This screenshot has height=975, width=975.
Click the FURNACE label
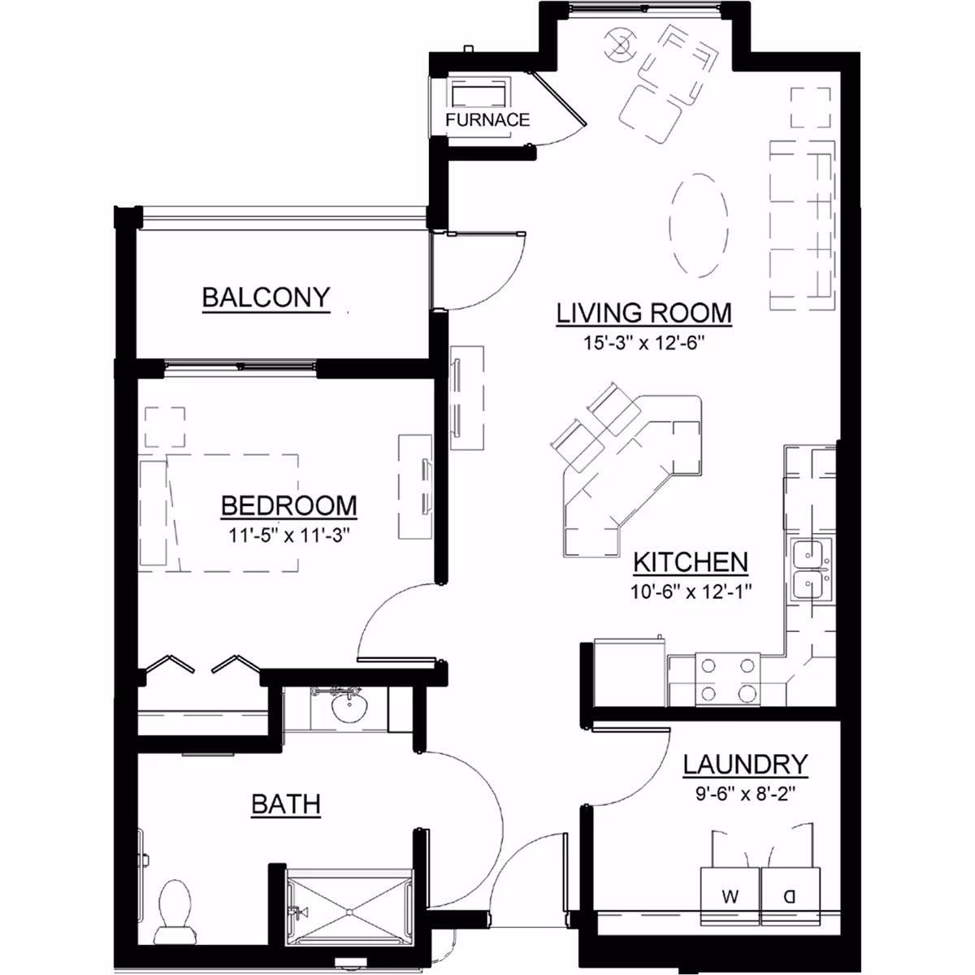click(487, 120)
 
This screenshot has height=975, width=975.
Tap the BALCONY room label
click(266, 297)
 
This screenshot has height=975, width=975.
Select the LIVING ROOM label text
click(644, 313)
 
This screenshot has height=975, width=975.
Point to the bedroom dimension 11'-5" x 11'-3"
click(289, 535)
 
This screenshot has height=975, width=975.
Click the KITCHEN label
click(691, 562)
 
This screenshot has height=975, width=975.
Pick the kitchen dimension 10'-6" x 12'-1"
click(691, 591)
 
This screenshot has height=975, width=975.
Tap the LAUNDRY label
click(745, 765)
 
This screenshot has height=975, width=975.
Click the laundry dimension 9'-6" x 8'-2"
click(745, 793)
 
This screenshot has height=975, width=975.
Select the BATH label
click(286, 804)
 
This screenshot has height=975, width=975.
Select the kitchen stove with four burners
click(727, 679)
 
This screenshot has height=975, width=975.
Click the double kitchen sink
click(811, 570)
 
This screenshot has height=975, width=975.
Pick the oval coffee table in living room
click(700, 226)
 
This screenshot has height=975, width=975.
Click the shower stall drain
click(349, 912)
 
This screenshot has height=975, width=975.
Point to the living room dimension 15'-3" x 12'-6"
click(644, 343)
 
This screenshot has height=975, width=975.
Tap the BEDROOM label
click(289, 506)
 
